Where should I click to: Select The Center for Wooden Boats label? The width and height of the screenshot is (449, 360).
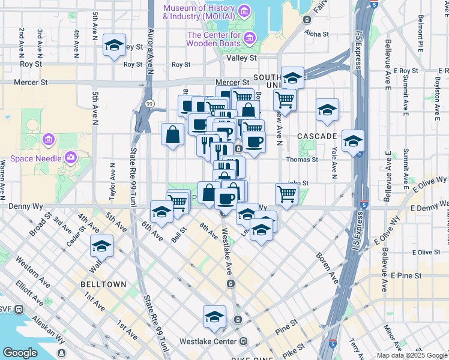pyautogui.click(x=214, y=40)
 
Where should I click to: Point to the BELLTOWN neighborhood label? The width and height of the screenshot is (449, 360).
pyautogui.click(x=101, y=284)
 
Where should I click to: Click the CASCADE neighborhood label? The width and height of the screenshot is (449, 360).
pyautogui.click(x=316, y=136)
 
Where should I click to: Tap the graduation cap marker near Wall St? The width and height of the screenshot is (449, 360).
pyautogui.click(x=101, y=246)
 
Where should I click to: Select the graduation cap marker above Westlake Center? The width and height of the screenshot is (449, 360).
pyautogui.click(x=214, y=316)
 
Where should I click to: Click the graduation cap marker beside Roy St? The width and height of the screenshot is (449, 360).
pyautogui.click(x=113, y=46)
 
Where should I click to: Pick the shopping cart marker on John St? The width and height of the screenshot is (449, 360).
pyautogui.click(x=287, y=193)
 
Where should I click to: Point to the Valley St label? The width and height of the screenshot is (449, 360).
pyautogui.click(x=241, y=58)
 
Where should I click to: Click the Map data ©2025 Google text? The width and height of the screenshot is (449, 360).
pyautogui.click(x=411, y=355)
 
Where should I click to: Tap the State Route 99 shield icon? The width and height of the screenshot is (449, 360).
pyautogui.click(x=149, y=104)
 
